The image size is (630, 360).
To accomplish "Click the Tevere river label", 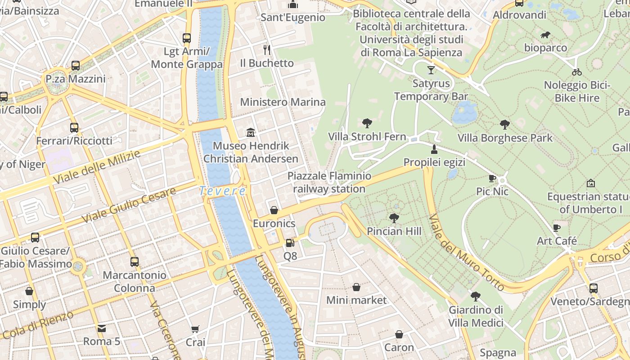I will click(x=223, y=191).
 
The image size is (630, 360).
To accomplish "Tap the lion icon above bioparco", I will click(x=545, y=35).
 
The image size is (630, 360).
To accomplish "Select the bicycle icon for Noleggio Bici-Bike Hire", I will click(x=577, y=72).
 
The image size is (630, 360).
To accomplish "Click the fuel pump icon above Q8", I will click(x=290, y=243).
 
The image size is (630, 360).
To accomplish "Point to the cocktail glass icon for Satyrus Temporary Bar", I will click(x=431, y=70).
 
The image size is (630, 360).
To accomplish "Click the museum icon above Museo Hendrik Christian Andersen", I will click(x=251, y=132).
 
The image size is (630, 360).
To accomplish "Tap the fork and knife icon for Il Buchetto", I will click(x=267, y=49).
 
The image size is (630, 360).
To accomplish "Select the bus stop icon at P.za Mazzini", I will click(x=76, y=66).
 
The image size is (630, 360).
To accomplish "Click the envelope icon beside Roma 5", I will click(x=102, y=328).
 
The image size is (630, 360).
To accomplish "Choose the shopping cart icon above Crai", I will click(x=195, y=329).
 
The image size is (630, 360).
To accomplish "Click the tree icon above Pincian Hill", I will click(x=394, y=218).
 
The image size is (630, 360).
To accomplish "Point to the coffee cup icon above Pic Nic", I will click(x=492, y=179).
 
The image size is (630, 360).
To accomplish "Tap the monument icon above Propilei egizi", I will click(x=434, y=149).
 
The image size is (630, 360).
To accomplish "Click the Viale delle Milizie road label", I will click(x=97, y=167).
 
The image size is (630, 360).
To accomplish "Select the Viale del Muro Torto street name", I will click(x=466, y=252).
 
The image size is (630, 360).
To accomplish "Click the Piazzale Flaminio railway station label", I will click(x=329, y=182).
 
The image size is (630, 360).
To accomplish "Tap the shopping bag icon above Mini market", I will click(x=356, y=287).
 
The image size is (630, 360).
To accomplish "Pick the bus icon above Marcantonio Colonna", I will click(x=134, y=261).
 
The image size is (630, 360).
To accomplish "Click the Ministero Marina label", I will click(x=283, y=102).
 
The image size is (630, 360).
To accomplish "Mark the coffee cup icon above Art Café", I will click(x=557, y=228).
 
